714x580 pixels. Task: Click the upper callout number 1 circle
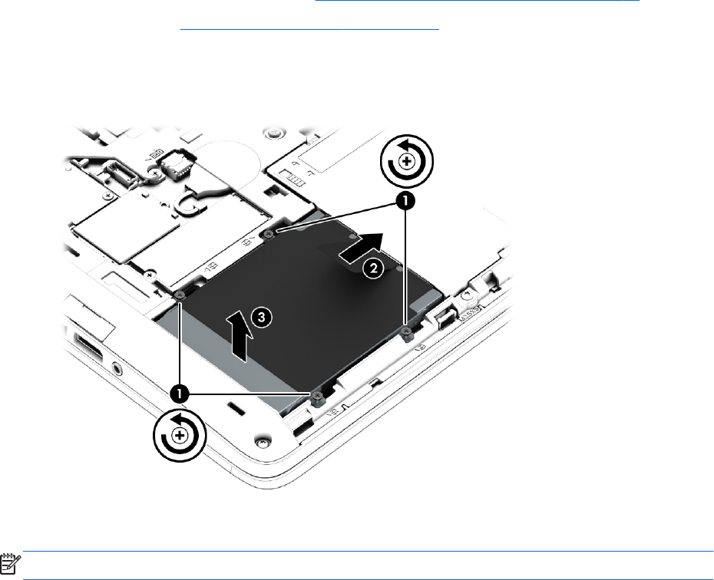[x=405, y=200]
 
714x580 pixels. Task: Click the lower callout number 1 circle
[x=180, y=394]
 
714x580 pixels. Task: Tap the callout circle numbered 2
[x=373, y=269]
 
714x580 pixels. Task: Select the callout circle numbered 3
[x=261, y=317]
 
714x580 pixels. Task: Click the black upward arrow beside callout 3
[x=240, y=337]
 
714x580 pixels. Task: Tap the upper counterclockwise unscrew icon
[x=406, y=160]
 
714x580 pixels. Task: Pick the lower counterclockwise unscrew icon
[x=180, y=436]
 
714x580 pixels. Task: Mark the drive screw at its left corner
[x=180, y=295]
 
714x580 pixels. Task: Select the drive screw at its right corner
[x=407, y=332]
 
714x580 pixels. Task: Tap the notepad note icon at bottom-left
[x=10, y=563]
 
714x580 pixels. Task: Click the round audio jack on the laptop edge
[x=117, y=367]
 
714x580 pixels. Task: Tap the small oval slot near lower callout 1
[x=234, y=407]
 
